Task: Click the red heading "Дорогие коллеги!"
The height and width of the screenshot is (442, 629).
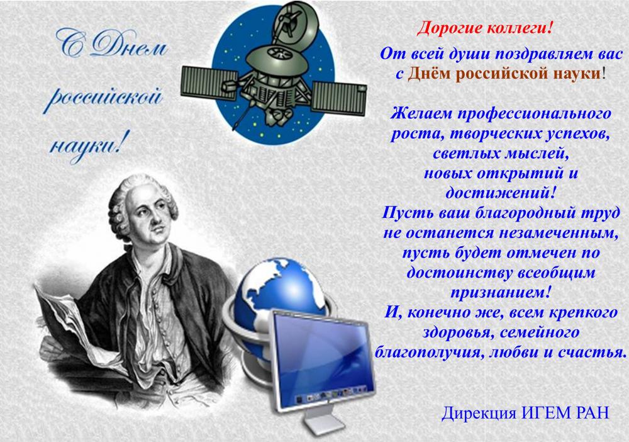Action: (x=485, y=28)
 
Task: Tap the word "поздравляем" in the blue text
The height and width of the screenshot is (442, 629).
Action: (x=539, y=54)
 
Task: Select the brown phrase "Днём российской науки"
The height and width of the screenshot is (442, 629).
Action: (x=504, y=74)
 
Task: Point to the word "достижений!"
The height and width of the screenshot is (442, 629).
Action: (x=501, y=193)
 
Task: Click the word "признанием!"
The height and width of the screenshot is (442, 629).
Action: (x=500, y=292)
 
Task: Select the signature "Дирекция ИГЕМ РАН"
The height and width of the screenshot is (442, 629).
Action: (x=525, y=412)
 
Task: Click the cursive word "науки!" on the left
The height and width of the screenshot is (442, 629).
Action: (x=86, y=147)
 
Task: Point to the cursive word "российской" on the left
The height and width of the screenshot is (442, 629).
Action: (x=104, y=98)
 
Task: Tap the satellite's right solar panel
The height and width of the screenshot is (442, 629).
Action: (x=339, y=97)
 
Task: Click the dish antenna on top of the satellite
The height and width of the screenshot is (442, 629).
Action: (x=296, y=22)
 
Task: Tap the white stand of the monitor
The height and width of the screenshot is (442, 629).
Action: (x=323, y=421)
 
